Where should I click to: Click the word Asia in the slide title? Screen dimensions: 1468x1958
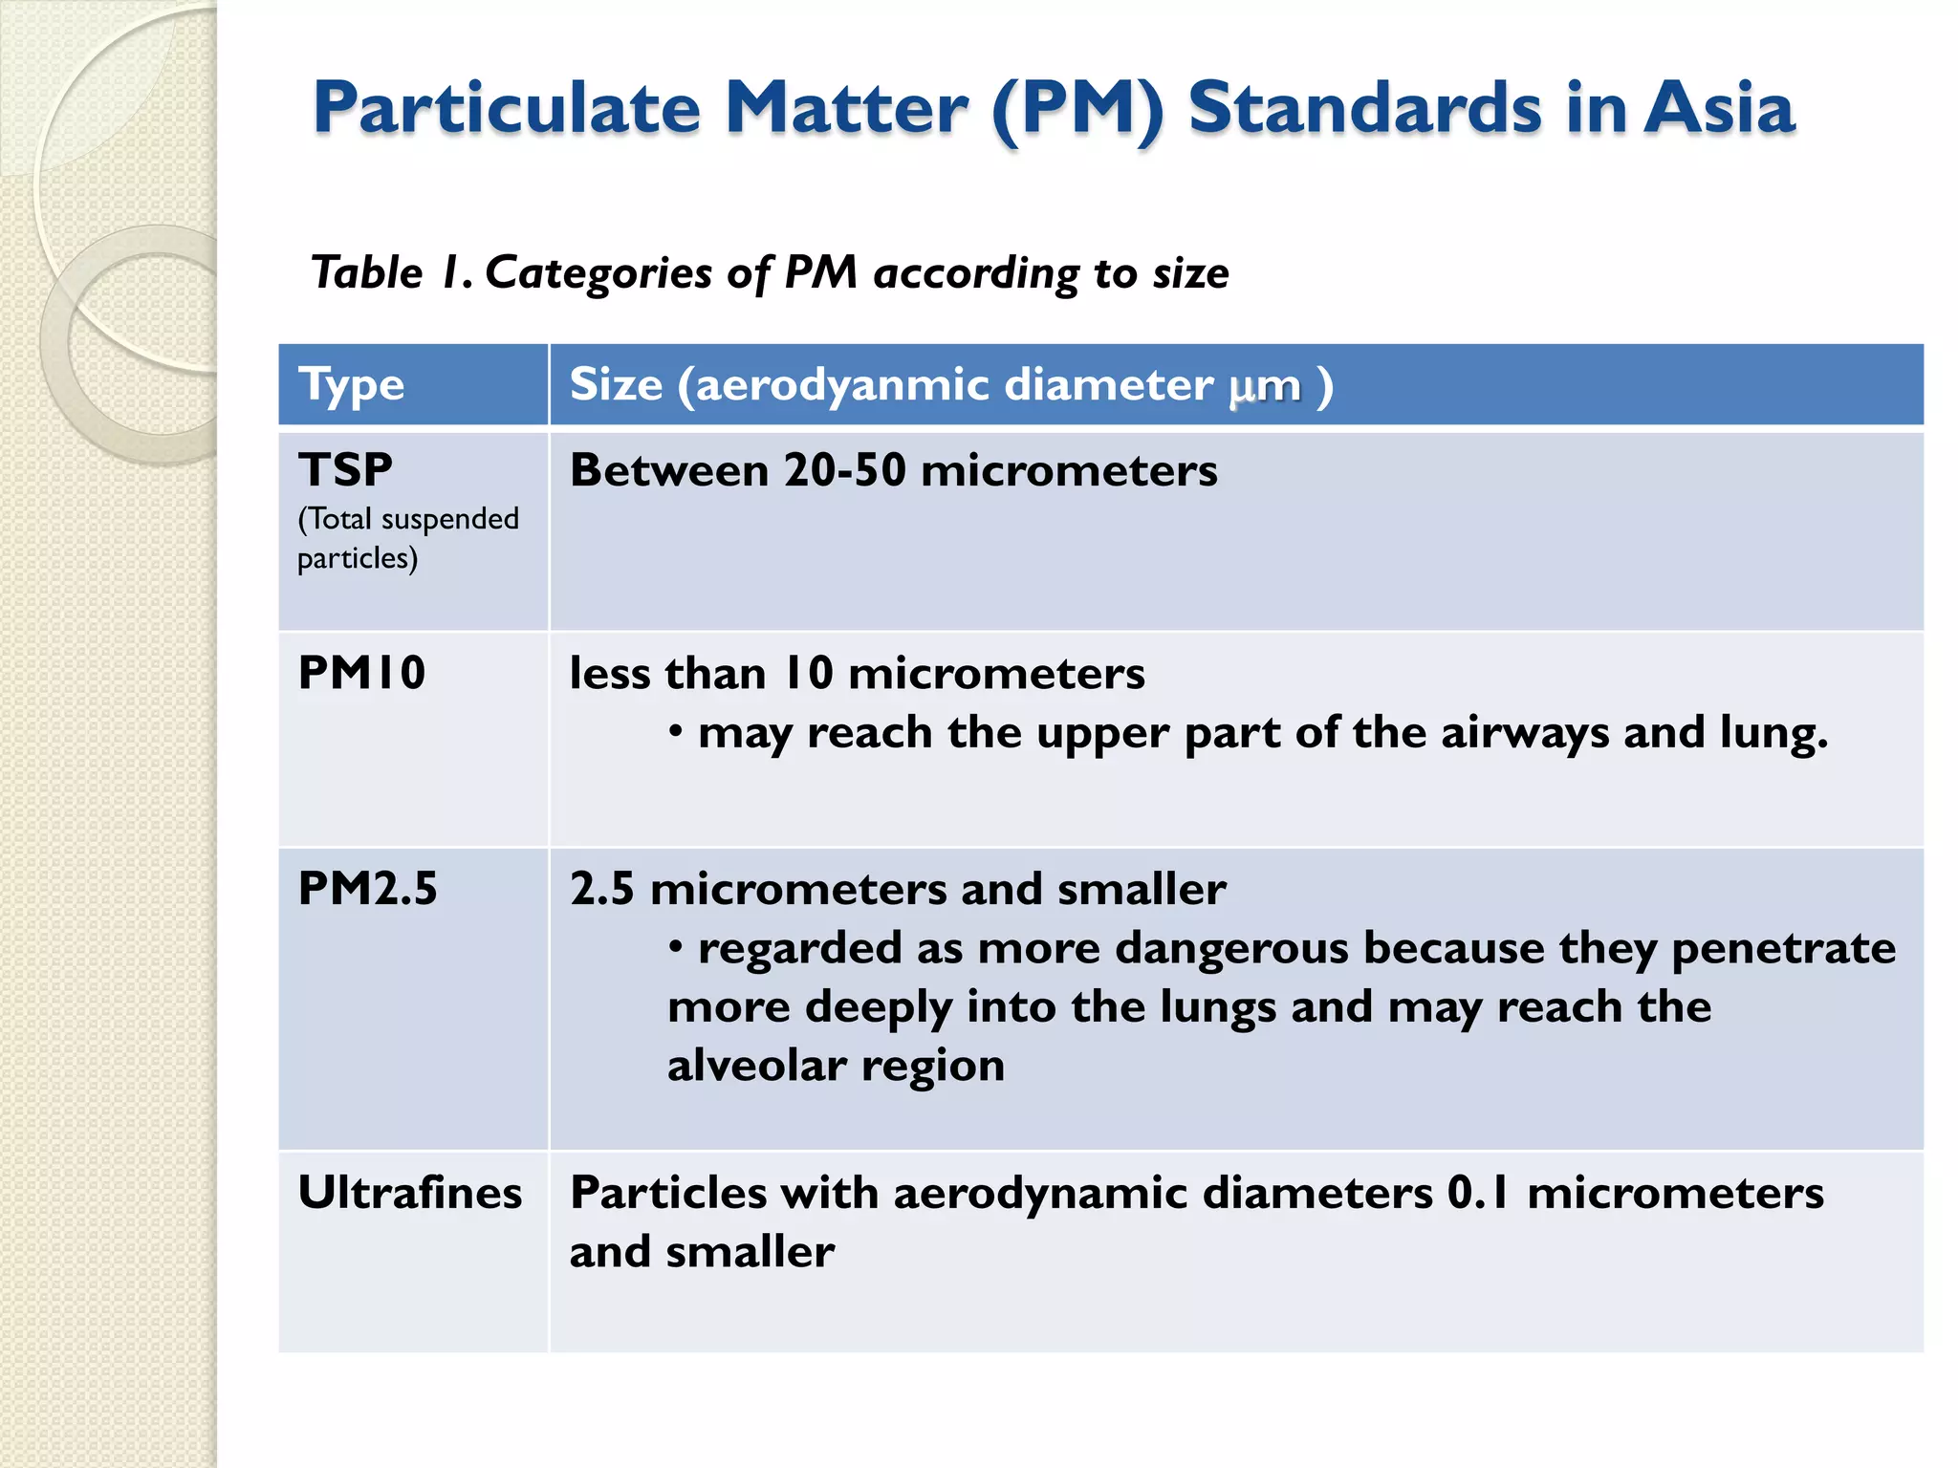(x=1719, y=107)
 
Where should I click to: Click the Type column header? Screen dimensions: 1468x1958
(x=351, y=385)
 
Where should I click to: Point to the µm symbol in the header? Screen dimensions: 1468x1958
(x=1264, y=386)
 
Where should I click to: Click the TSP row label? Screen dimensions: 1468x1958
(x=345, y=470)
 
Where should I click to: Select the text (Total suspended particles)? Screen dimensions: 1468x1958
(x=407, y=538)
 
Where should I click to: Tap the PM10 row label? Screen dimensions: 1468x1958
(x=361, y=673)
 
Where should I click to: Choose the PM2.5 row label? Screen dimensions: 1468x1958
(x=367, y=889)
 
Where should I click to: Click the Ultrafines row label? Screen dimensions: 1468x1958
(x=410, y=1193)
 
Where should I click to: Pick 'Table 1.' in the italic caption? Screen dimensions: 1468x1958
(x=391, y=273)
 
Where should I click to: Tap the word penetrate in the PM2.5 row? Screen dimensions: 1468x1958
(x=1783, y=948)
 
